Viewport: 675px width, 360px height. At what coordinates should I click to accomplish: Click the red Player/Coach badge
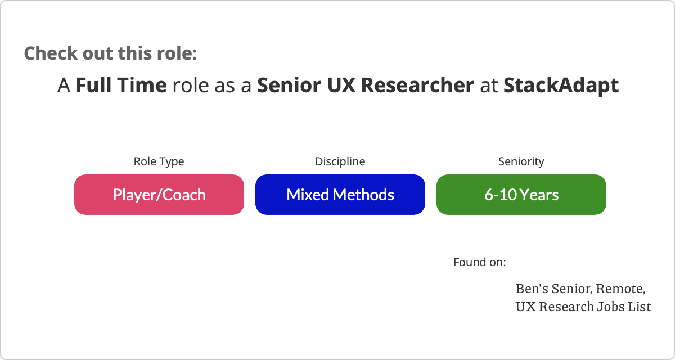[x=159, y=195]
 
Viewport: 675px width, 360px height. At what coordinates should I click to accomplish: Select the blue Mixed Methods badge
[x=340, y=195]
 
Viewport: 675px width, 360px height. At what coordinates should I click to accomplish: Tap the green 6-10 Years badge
[x=521, y=195]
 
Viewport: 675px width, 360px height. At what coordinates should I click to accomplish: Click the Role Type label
[x=159, y=162]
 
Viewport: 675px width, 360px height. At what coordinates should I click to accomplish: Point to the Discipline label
[x=340, y=161]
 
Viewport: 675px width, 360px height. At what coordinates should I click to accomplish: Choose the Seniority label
[x=521, y=162]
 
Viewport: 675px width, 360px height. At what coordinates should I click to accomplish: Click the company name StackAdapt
[x=561, y=85]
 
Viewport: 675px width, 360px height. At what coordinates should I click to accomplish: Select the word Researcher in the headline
[x=417, y=85]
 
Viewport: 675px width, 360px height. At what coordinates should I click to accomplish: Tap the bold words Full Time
[x=121, y=85]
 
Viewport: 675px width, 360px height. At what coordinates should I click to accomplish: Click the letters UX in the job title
[x=341, y=85]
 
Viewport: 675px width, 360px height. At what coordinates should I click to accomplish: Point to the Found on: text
[x=480, y=262]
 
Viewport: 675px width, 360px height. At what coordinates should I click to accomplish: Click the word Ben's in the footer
[x=532, y=289]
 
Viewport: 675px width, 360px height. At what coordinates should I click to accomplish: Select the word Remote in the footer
[x=620, y=289]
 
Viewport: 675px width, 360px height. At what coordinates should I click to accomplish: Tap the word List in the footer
[x=640, y=307]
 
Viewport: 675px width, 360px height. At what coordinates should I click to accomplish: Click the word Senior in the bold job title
[x=289, y=85]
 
